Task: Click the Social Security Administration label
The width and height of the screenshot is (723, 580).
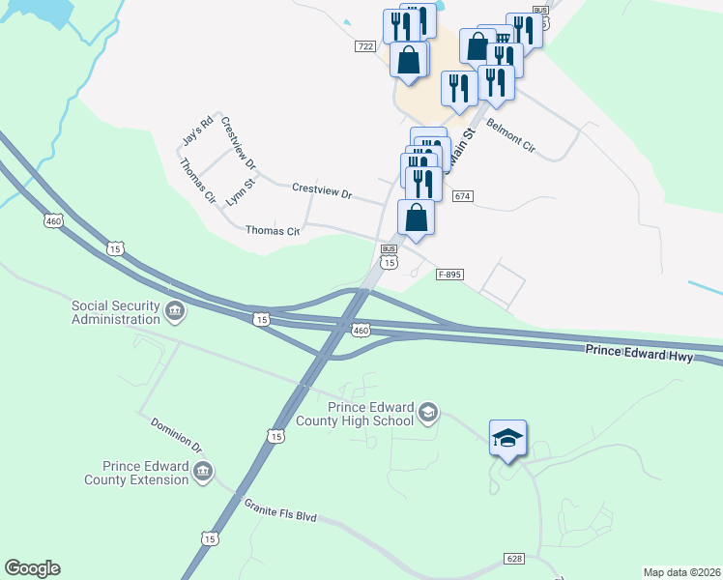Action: (115, 312)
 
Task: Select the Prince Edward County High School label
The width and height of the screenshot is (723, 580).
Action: (372, 414)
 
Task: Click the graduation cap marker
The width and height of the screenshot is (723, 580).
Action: (507, 438)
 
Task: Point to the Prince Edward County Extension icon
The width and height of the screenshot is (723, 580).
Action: (203, 472)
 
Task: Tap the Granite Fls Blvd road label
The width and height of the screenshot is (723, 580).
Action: (280, 510)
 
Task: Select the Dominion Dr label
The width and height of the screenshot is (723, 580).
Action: (175, 435)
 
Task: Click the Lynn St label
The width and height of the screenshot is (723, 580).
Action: (240, 189)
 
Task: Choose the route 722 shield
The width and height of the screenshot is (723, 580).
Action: (364, 46)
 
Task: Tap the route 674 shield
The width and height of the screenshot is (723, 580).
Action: (462, 196)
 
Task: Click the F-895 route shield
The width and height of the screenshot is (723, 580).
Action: (449, 275)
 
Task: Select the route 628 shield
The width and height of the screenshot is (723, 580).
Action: (515, 559)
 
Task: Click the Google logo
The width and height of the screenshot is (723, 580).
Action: (32, 568)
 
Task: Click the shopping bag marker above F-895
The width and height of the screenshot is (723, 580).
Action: (416, 217)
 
